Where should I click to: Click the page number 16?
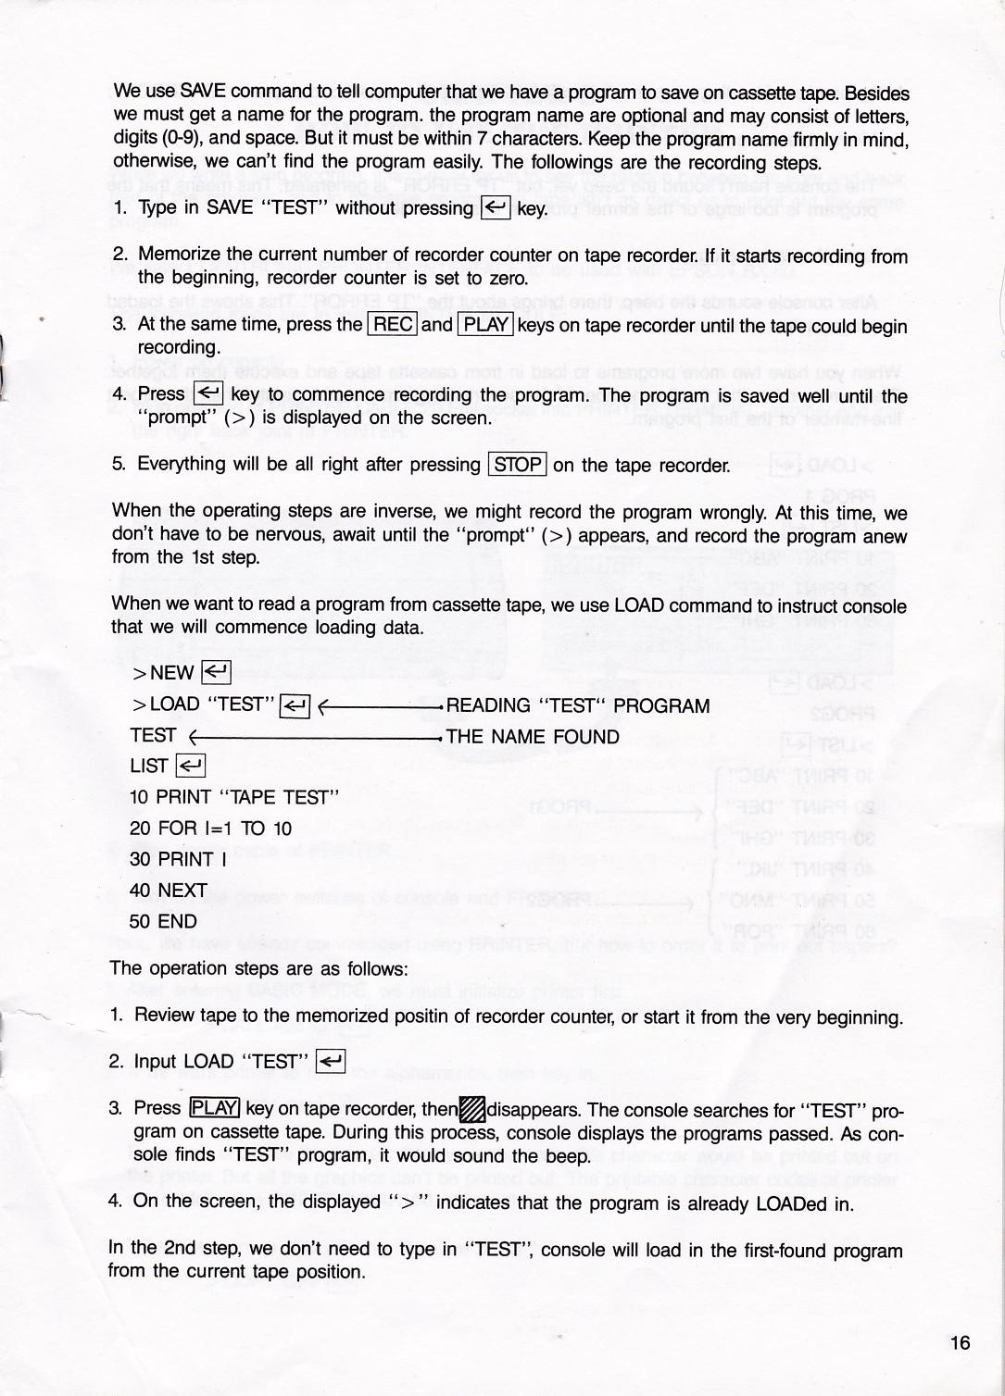pos(960,1342)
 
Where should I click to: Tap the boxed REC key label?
pos(393,324)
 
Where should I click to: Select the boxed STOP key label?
pos(518,464)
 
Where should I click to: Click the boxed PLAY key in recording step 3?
pos(485,324)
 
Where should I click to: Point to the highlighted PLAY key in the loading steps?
pos(214,1108)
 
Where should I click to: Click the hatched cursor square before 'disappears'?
pos(472,1108)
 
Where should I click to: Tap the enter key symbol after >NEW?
pos(215,672)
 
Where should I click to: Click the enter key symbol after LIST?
pos(190,766)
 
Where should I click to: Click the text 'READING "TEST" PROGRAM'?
pos(578,706)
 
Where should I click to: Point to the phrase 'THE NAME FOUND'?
pos(533,737)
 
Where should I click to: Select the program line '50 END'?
pos(163,921)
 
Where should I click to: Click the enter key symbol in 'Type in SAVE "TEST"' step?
pos(496,208)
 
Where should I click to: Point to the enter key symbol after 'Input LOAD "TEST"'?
pos(331,1061)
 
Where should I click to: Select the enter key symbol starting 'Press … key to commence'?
pos(208,394)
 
